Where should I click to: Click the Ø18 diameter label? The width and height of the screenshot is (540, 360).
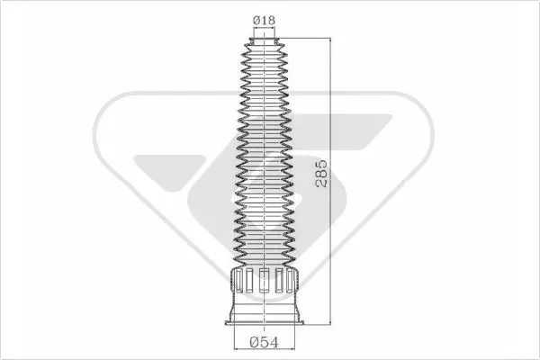[265, 21]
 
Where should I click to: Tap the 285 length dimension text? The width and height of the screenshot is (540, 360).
[321, 174]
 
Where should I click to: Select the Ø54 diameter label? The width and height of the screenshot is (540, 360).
[265, 342]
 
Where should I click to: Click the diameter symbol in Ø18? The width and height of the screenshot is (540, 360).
[256, 21]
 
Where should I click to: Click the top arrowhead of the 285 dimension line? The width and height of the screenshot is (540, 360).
[330, 41]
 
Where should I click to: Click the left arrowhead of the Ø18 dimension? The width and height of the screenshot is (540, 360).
[256, 29]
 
